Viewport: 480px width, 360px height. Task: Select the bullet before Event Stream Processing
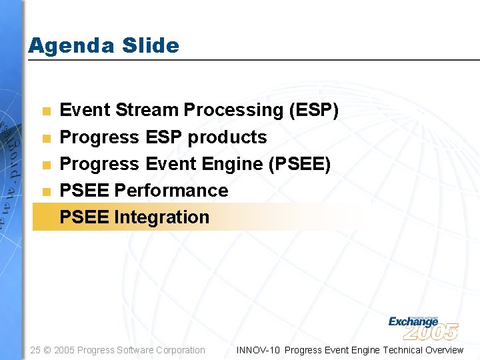point(45,111)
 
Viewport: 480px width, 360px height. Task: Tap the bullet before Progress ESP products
point(45,138)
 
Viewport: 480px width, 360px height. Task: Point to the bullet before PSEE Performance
point(45,191)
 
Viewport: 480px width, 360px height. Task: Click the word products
point(227,137)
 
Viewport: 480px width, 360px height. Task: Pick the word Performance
point(171,191)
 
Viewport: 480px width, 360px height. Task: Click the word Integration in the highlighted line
point(161,217)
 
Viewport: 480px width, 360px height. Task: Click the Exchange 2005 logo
point(423,327)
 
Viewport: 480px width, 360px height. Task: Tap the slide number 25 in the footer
point(35,350)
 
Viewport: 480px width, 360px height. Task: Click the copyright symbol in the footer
point(47,350)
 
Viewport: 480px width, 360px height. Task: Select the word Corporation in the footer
point(181,350)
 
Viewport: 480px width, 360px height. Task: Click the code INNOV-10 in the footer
point(258,350)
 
